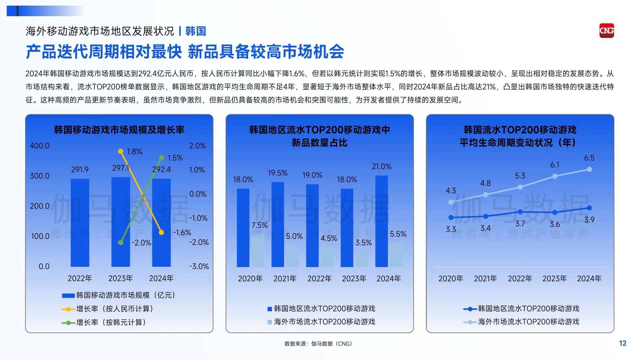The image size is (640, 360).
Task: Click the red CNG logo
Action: click(x=606, y=31)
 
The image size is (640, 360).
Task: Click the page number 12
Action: click(x=623, y=343)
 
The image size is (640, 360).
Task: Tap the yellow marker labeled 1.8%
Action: click(x=121, y=152)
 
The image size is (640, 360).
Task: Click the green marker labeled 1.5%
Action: click(x=161, y=158)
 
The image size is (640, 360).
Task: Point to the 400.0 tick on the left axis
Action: click(x=39, y=146)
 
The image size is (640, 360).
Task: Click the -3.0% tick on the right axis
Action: click(x=199, y=266)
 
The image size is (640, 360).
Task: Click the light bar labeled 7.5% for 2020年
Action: click(x=258, y=250)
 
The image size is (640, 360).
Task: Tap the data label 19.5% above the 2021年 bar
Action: click(x=277, y=173)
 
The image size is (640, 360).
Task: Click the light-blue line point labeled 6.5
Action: click(x=589, y=169)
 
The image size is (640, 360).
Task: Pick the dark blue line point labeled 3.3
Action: click(x=451, y=218)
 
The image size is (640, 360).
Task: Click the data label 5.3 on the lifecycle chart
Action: click(x=520, y=176)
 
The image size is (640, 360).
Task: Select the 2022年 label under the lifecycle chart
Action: click(x=520, y=278)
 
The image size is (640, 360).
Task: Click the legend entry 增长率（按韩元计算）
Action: click(x=111, y=322)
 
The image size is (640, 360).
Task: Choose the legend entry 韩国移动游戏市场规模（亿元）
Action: click(x=125, y=295)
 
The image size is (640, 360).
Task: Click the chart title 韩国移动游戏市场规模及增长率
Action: click(x=119, y=130)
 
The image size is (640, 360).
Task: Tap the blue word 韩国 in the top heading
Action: click(x=196, y=31)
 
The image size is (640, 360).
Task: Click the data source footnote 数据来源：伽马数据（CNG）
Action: click(x=318, y=344)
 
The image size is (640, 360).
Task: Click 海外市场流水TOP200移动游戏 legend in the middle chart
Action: click(x=324, y=322)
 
